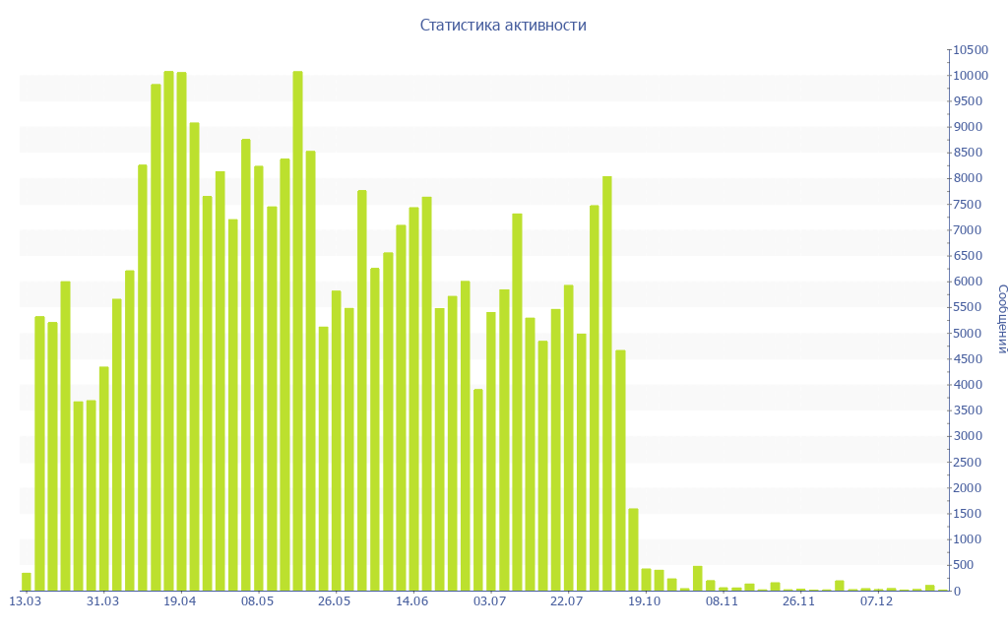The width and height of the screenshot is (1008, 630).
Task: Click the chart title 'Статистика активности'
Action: (x=503, y=26)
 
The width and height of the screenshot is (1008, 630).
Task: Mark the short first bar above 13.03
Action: (x=27, y=582)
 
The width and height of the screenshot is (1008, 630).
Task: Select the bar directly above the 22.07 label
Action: (x=568, y=437)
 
